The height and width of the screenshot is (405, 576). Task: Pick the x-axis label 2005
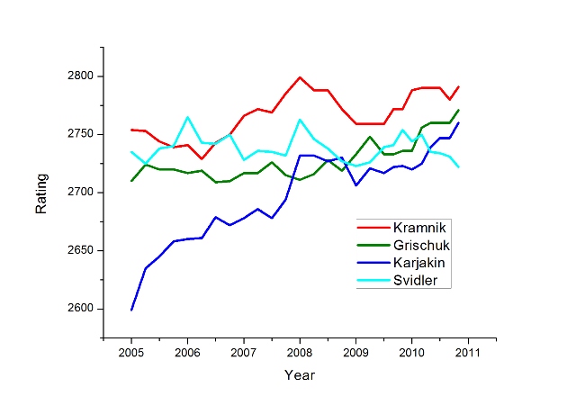(x=131, y=351)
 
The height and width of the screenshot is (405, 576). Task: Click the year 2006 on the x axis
(x=187, y=351)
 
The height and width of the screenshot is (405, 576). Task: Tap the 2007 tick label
(x=244, y=351)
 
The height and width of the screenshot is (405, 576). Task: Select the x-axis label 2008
(x=300, y=351)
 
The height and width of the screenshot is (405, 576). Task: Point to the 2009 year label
(x=356, y=351)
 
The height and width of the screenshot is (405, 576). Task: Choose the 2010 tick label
(x=412, y=351)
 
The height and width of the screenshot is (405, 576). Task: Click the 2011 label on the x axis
(x=468, y=351)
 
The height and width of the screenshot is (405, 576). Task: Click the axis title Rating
(x=41, y=193)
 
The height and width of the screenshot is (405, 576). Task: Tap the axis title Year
(x=300, y=374)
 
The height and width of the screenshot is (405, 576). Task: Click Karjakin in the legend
(x=423, y=263)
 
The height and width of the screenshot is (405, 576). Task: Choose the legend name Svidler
(x=419, y=281)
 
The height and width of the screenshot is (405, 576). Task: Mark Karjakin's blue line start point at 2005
(x=131, y=310)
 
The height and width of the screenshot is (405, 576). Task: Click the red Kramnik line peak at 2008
(x=300, y=77)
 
